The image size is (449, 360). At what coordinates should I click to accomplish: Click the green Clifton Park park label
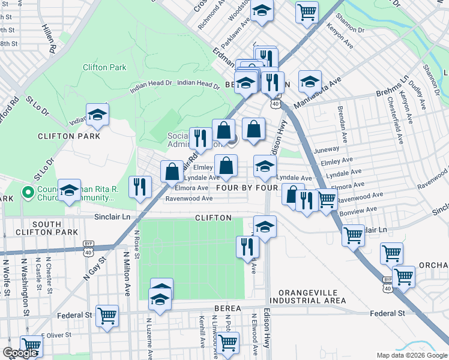(104, 67)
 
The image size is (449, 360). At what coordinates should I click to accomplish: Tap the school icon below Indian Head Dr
(97, 116)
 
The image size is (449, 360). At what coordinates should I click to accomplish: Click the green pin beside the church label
(27, 193)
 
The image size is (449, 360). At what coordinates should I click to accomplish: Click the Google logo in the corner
(20, 353)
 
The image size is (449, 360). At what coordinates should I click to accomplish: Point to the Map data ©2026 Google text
(411, 355)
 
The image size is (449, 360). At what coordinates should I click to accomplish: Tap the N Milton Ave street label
(127, 274)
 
